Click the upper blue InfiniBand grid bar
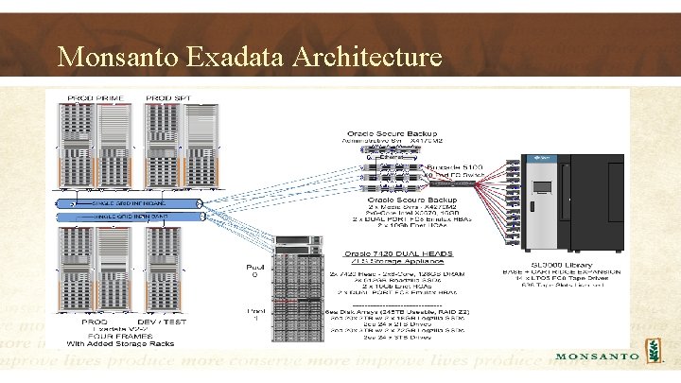(131, 203)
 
